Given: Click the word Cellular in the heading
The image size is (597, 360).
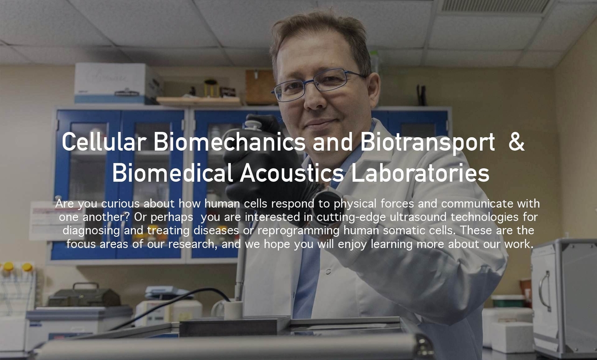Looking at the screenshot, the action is pos(104,141).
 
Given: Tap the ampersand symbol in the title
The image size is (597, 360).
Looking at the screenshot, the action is pos(516,141).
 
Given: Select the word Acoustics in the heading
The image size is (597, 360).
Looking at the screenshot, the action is pos(292,173).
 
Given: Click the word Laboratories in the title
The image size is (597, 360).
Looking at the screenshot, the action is pos(420,173).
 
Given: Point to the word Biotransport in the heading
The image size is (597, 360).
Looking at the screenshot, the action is pos(428,143).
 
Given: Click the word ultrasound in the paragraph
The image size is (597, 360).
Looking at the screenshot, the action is pos(418,217).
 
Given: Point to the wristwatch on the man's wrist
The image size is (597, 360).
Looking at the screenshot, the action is pos(326,207).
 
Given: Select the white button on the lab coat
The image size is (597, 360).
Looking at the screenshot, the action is pos(328,271).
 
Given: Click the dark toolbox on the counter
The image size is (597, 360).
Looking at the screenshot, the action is pos(84,296).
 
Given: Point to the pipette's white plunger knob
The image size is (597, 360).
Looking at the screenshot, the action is pos(253,125).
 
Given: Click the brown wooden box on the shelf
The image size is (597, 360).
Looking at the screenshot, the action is pos(260,87).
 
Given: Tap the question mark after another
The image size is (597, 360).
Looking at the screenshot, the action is pos(127,217).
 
